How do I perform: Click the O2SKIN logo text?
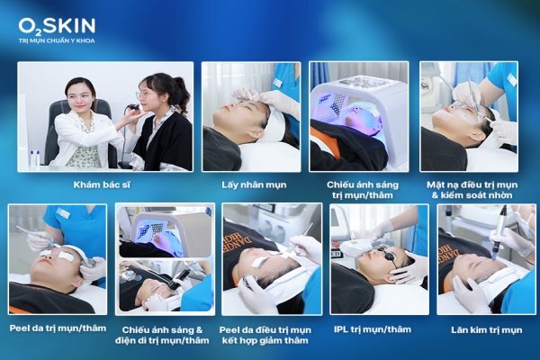[56, 26]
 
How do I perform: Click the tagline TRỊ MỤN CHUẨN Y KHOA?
[56, 41]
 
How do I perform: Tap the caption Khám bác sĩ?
[105, 184]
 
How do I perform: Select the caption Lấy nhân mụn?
[249, 184]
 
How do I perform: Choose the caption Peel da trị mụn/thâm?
[57, 328]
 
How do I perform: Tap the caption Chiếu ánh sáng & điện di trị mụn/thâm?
[165, 334]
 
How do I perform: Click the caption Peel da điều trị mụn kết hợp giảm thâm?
[273, 334]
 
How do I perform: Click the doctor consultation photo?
[105, 116]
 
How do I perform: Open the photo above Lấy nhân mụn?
[250, 116]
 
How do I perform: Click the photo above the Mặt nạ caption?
[468, 116]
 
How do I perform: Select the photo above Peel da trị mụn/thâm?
[57, 259]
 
